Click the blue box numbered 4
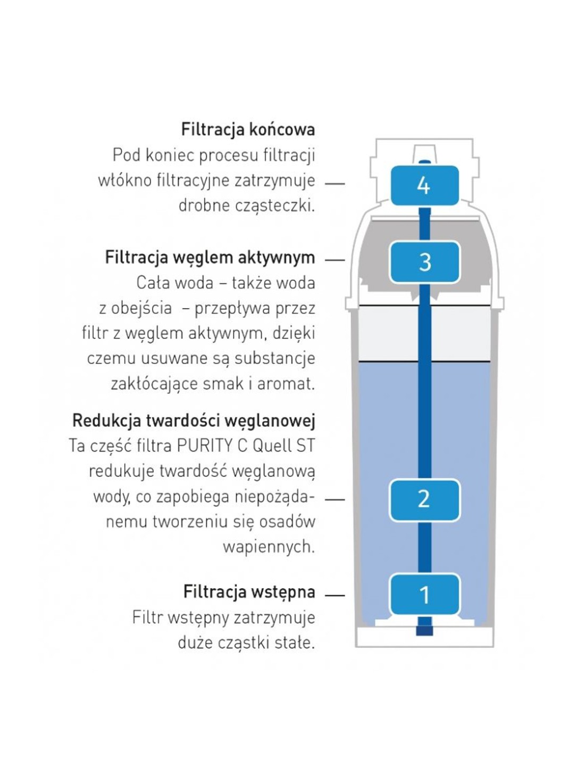(x=424, y=185)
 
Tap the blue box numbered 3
(x=424, y=262)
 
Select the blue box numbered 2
(x=424, y=499)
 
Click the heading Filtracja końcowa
(x=248, y=129)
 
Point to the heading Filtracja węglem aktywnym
(x=210, y=258)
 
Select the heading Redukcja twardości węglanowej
(x=194, y=421)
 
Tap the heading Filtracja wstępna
(x=249, y=591)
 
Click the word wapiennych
(x=269, y=547)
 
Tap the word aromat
(x=286, y=383)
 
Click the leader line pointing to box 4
(x=335, y=184)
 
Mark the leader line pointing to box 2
(x=335, y=499)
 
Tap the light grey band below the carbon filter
(x=424, y=334)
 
